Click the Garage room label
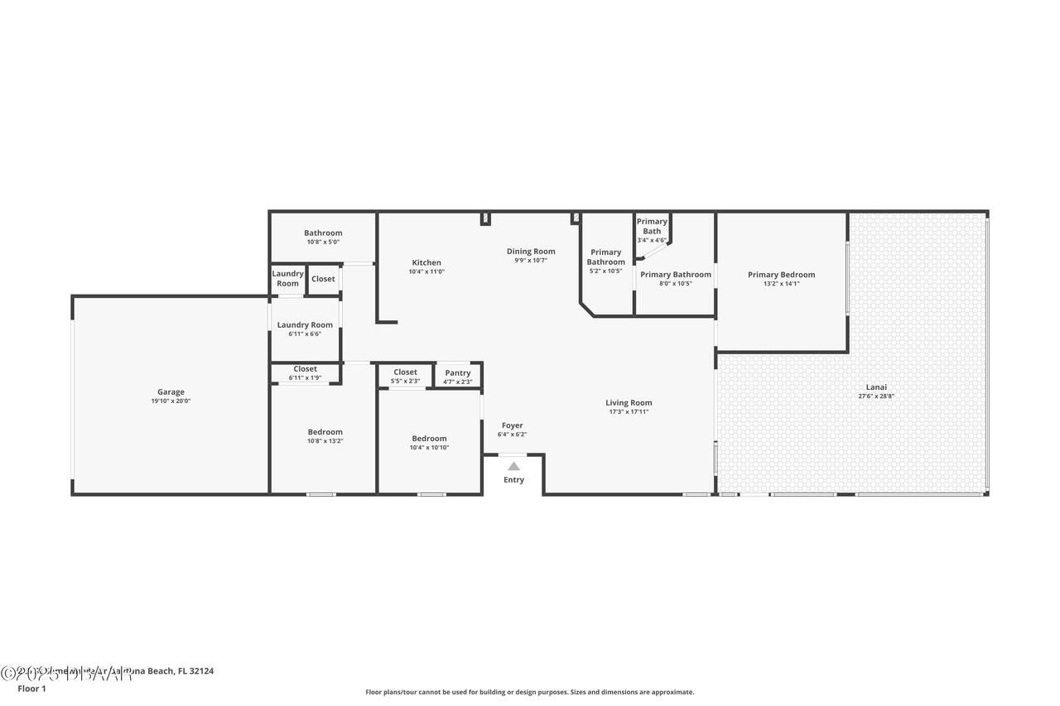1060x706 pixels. [x=171, y=392]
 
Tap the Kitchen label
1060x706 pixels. [x=426, y=262]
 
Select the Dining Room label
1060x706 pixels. [x=531, y=252]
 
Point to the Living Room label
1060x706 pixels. [x=629, y=403]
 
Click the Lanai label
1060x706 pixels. [x=876, y=387]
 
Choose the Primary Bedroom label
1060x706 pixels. [x=781, y=275]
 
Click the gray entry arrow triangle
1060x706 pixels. [x=513, y=466]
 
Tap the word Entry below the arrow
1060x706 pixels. [x=513, y=480]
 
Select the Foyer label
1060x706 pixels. [x=512, y=425]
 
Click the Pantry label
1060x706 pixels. [x=458, y=373]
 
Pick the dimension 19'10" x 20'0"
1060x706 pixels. [x=171, y=401]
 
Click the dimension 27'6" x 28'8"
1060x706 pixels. [x=876, y=396]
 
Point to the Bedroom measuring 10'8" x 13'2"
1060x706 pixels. [x=325, y=432]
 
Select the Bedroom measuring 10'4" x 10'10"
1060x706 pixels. [x=429, y=439]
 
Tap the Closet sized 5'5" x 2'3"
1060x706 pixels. [x=405, y=372]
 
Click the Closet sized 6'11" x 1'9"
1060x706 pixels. [x=305, y=369]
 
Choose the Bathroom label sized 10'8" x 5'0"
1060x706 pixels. [x=323, y=233]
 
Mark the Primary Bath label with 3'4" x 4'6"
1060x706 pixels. [x=652, y=226]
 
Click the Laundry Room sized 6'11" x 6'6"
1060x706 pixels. [x=305, y=325]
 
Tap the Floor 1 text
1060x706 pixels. [x=31, y=689]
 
